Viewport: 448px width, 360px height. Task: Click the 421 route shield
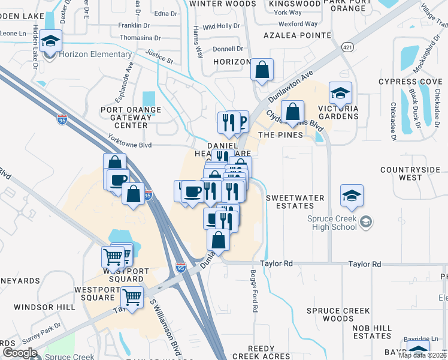(347, 46)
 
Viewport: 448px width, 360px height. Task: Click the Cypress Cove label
(410, 82)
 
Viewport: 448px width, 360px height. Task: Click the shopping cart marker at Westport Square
(132, 296)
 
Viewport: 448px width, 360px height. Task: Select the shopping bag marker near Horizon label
(262, 70)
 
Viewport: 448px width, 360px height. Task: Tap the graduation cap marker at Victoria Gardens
(340, 94)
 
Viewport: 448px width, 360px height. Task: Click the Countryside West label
(410, 174)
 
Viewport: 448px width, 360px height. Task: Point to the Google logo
(19, 353)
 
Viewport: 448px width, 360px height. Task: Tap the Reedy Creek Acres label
(269, 352)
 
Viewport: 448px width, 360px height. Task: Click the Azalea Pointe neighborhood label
(296, 36)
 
